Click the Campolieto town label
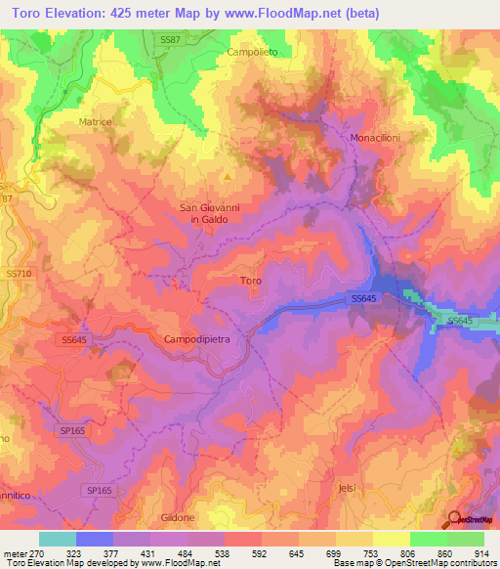click(252, 51)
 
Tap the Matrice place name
click(95, 122)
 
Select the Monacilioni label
click(376, 138)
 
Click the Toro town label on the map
click(250, 281)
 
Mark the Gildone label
click(179, 515)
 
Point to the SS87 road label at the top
click(171, 39)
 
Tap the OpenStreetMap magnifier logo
click(454, 519)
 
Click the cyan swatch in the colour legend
click(58, 539)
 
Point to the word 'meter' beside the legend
click(15, 552)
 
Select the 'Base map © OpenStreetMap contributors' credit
click(413, 563)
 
